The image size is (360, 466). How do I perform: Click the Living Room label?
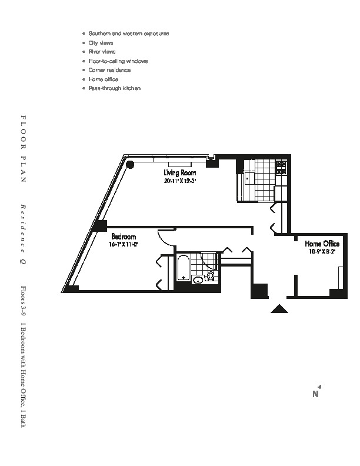click(x=180, y=173)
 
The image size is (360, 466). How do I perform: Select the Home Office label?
click(x=321, y=243)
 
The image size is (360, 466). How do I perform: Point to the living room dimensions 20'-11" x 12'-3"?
click(x=180, y=181)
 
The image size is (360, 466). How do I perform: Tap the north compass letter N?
click(x=315, y=394)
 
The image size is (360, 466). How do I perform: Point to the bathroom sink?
click(x=198, y=279)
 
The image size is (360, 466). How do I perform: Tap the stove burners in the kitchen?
click(x=281, y=167)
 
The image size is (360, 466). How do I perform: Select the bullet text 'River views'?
click(x=101, y=52)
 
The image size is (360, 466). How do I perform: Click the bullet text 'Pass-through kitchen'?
click(x=114, y=88)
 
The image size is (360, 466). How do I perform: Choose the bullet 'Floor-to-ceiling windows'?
click(x=118, y=61)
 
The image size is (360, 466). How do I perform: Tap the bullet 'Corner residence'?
click(x=109, y=70)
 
